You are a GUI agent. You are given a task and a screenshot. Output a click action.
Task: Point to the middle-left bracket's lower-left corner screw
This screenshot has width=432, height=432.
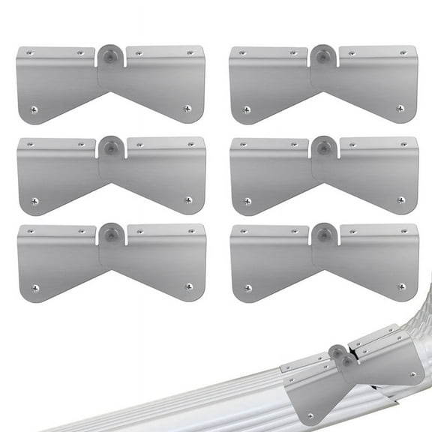coord(34,200)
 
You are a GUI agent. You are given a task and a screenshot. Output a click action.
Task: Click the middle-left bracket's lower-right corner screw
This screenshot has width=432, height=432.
coord(188,200)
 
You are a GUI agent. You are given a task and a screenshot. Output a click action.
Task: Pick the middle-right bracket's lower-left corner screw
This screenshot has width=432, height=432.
coord(247,200)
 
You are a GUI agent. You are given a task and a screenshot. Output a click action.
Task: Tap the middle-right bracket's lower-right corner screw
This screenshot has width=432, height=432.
coord(400,200)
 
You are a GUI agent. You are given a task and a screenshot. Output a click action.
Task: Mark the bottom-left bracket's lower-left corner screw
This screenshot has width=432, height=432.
coord(34,287)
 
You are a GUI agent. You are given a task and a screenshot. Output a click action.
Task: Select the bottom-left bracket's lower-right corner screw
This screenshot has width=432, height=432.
coord(188,287)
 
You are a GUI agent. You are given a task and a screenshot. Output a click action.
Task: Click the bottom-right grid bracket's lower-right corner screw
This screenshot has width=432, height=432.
coord(401,287)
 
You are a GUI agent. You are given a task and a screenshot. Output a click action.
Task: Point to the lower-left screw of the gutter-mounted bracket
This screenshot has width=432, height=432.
coord(308,415)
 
